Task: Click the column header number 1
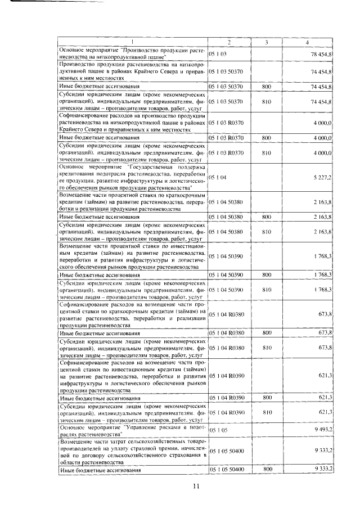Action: point(133,43)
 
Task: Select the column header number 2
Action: point(229,43)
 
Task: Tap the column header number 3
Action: point(266,43)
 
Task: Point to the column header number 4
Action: point(307,43)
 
